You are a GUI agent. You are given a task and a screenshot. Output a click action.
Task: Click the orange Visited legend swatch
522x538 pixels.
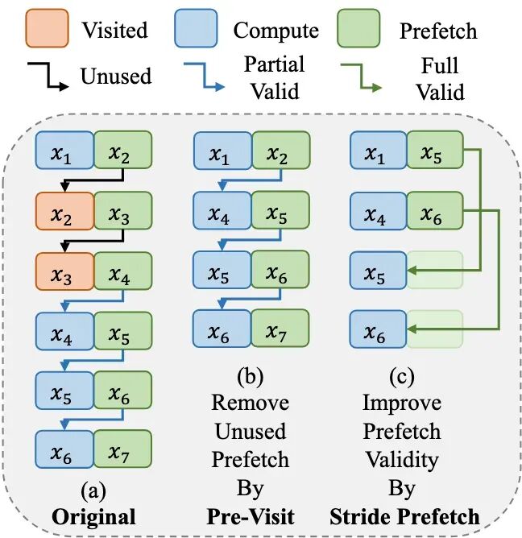(x=47, y=28)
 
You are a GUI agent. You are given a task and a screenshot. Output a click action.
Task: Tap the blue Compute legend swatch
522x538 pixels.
(x=196, y=28)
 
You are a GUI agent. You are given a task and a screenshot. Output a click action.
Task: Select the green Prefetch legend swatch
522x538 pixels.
(x=358, y=28)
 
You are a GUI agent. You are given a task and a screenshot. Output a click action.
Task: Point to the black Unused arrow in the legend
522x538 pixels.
(x=48, y=77)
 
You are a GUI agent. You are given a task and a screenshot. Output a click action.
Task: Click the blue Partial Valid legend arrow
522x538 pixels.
(x=205, y=77)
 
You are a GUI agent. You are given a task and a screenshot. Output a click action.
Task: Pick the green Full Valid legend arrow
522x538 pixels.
(x=362, y=77)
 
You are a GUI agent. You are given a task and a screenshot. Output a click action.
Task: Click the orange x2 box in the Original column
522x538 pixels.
(x=64, y=211)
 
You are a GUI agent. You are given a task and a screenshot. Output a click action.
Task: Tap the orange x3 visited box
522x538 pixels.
(x=64, y=271)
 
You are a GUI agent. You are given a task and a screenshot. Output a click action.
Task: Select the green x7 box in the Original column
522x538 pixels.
(x=123, y=449)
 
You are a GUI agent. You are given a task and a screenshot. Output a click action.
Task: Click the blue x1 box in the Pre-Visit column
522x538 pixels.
(x=222, y=151)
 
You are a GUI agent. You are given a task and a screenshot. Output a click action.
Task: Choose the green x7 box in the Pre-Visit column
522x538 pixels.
(x=280, y=329)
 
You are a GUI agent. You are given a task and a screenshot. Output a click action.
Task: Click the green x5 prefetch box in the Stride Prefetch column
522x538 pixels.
(x=435, y=150)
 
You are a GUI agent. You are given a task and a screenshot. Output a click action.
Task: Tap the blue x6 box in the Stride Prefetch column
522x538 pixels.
(x=378, y=329)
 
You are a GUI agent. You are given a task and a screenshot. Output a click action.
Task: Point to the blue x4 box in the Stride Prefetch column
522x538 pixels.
(x=378, y=211)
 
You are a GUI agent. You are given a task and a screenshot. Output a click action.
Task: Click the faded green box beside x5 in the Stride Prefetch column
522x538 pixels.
(x=435, y=270)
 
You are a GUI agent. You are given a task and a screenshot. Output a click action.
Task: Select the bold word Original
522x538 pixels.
(x=93, y=517)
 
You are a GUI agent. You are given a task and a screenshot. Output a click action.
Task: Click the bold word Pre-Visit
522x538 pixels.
(x=251, y=516)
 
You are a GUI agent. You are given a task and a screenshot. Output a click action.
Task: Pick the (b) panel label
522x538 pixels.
(x=251, y=376)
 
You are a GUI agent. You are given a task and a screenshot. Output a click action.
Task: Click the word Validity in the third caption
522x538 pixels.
(x=402, y=460)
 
